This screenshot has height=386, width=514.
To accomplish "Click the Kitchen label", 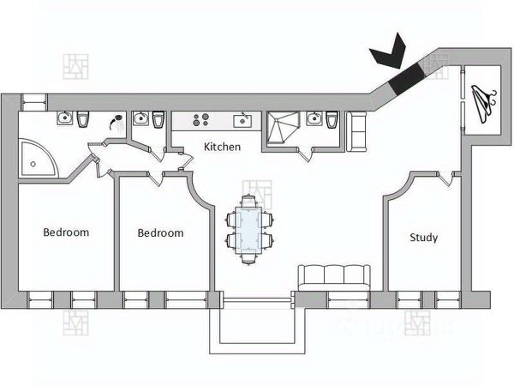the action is (x=222, y=147).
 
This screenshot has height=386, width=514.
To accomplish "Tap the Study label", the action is (x=423, y=238).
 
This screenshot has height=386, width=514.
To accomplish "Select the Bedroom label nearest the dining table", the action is (x=160, y=232).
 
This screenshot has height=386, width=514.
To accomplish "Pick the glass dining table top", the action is (x=251, y=228).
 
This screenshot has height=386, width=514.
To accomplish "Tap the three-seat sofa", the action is (x=332, y=277).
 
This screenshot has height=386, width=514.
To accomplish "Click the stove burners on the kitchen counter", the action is (x=202, y=119).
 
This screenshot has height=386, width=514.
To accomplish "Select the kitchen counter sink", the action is (x=243, y=118).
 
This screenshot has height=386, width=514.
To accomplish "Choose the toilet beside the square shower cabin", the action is (x=332, y=120).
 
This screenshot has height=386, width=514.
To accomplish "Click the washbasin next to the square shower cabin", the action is (x=314, y=119).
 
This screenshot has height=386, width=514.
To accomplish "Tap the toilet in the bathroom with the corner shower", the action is (x=83, y=119).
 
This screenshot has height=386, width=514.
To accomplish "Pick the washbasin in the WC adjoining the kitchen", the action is (x=141, y=119).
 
